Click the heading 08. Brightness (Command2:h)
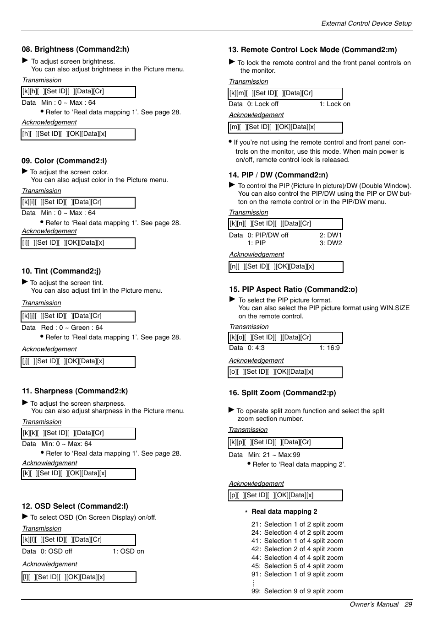75,49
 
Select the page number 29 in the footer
408,604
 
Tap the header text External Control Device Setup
366,23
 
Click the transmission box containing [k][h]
78,91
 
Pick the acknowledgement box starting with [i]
78,243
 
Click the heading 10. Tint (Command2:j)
61,271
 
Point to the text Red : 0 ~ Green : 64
72,328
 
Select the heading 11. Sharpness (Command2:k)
75,391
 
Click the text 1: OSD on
128,551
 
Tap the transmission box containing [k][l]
78,540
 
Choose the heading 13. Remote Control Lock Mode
312,50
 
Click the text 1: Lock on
334,104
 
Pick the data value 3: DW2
331,243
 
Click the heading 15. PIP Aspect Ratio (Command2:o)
293,289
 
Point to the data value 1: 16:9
329,348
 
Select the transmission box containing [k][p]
285,442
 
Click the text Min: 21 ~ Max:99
274,455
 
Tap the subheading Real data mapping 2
284,511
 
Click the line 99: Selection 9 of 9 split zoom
297,591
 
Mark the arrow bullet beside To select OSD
25,516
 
